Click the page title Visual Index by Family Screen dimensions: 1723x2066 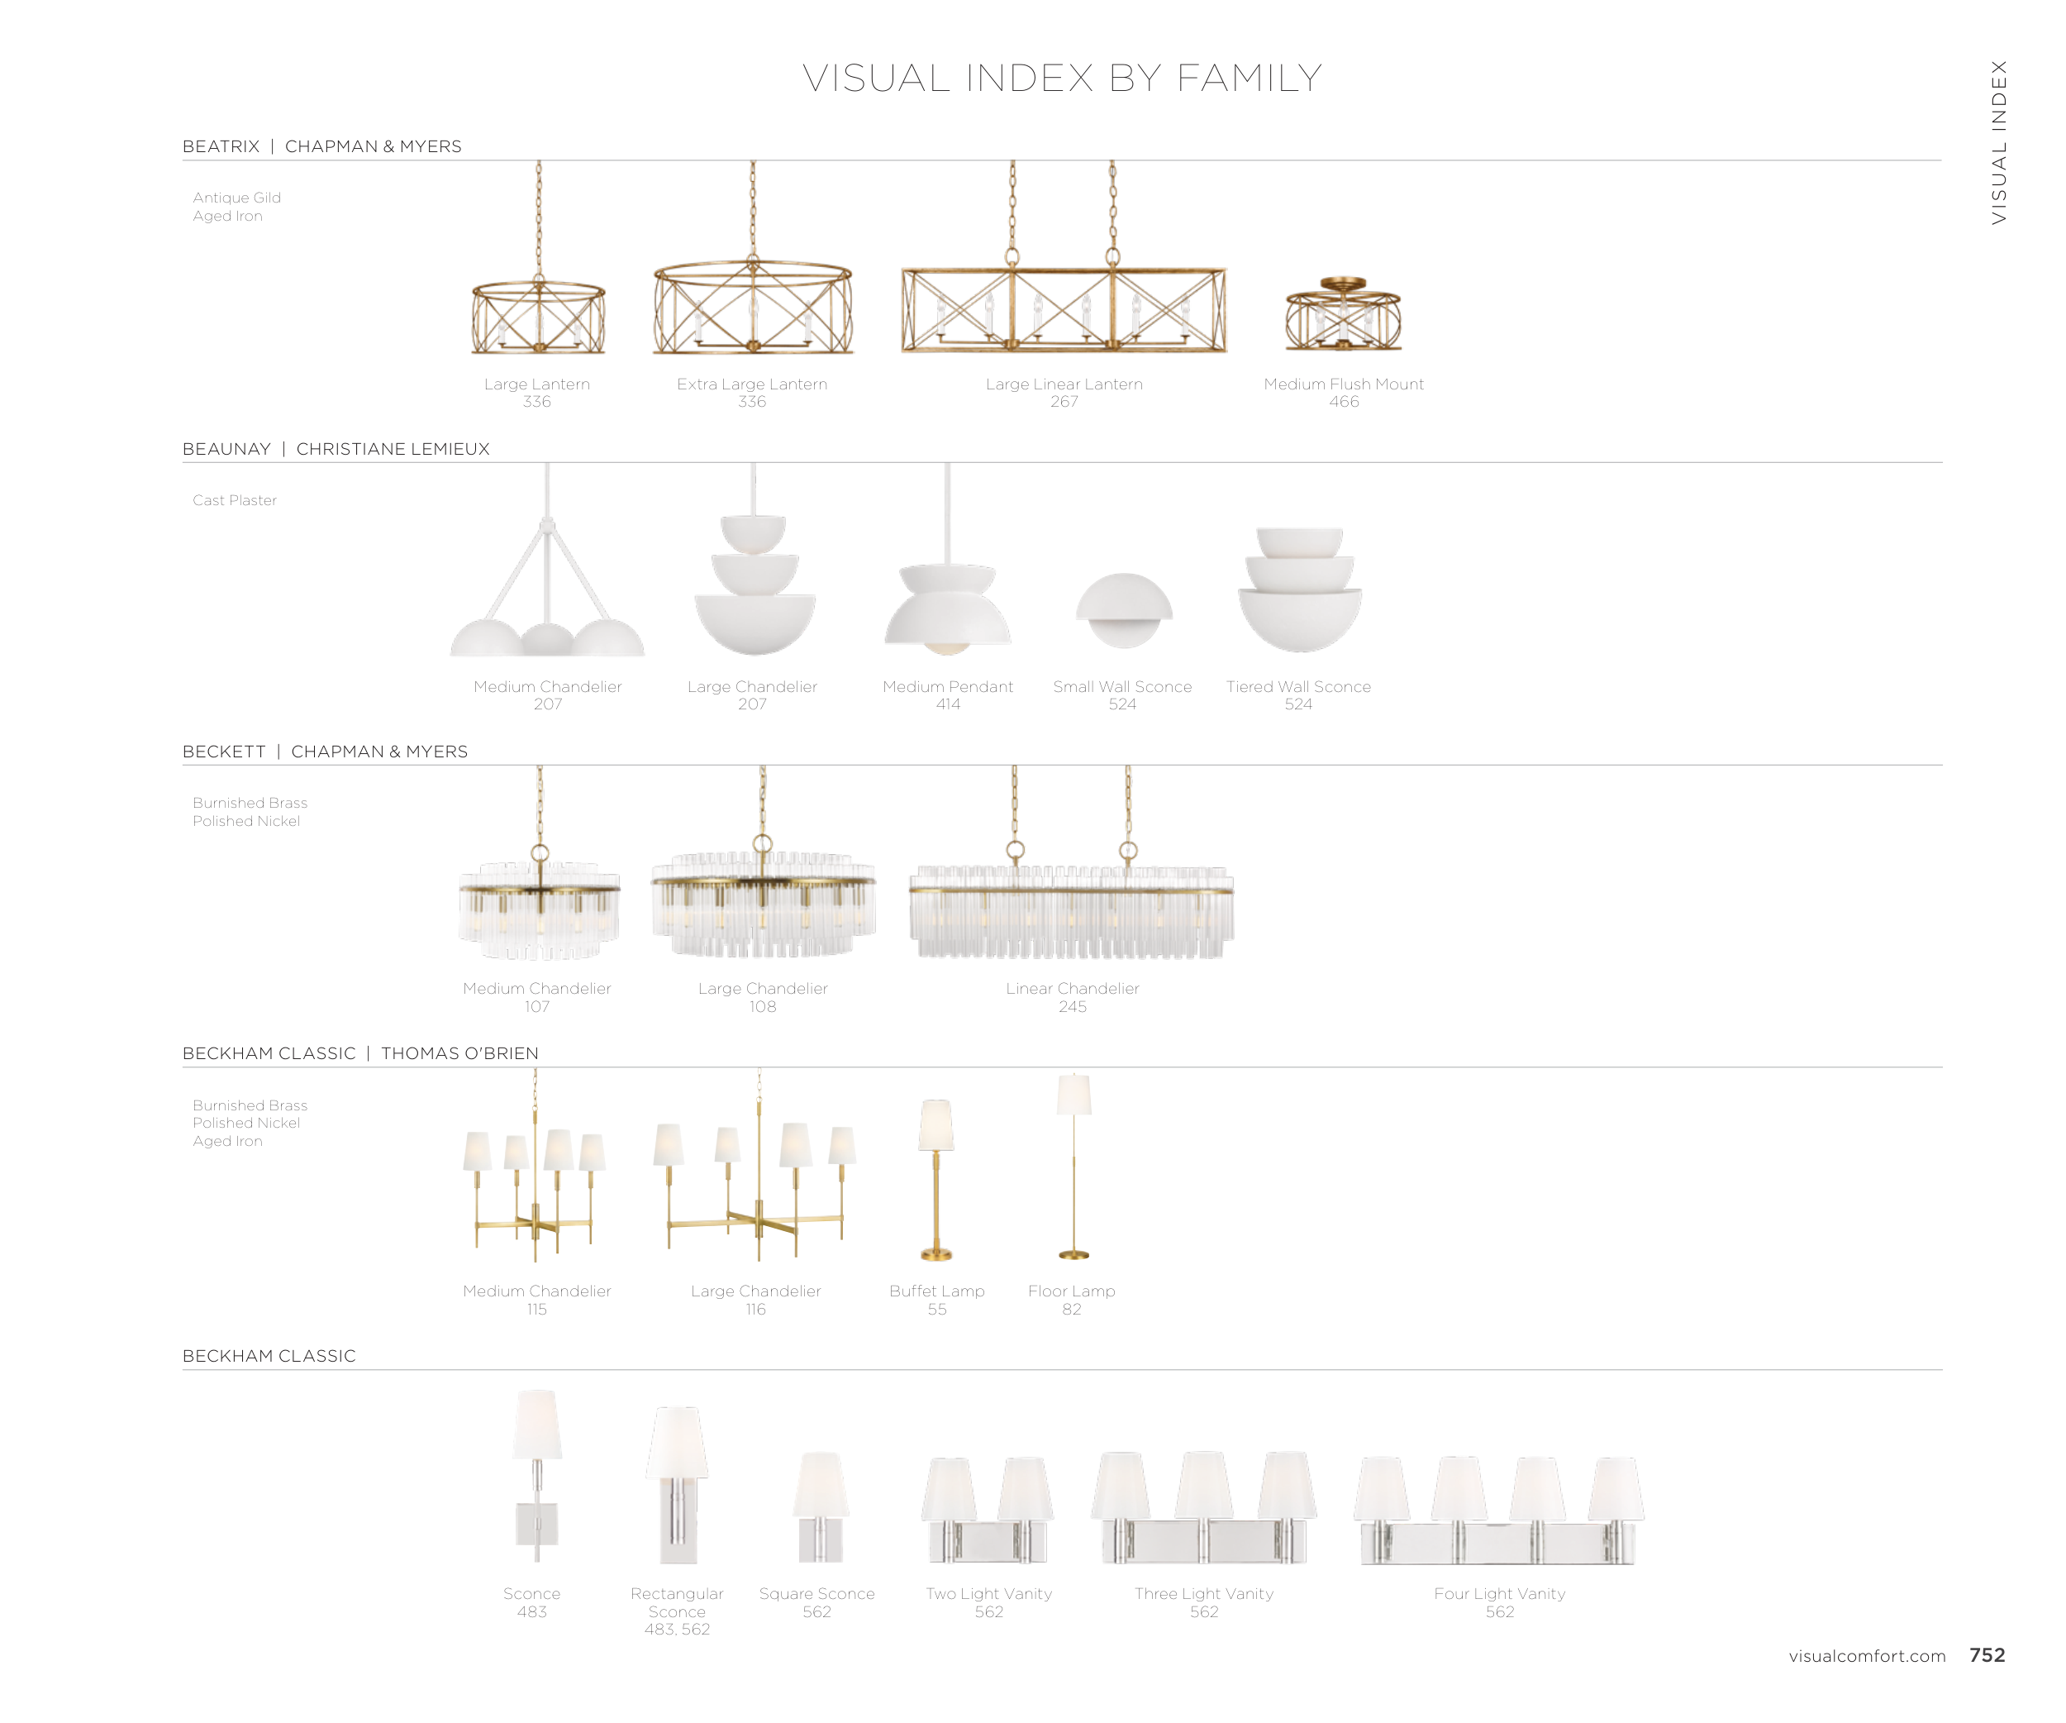point(1062,79)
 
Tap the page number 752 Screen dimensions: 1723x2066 point(1987,1655)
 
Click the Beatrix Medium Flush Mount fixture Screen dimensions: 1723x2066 point(1343,315)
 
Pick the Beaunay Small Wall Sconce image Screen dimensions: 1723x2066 point(1124,610)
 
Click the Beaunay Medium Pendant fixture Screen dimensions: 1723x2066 point(947,605)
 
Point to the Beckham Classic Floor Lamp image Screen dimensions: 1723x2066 point(1073,1166)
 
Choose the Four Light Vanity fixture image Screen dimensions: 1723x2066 point(1498,1511)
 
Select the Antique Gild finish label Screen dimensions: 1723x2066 point(236,198)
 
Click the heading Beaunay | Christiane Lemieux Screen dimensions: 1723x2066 point(336,449)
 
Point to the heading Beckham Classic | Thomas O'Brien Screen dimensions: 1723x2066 point(360,1052)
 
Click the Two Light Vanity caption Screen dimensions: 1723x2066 point(988,1593)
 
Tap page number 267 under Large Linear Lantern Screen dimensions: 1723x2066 point(1064,402)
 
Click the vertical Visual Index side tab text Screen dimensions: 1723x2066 point(1998,143)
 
